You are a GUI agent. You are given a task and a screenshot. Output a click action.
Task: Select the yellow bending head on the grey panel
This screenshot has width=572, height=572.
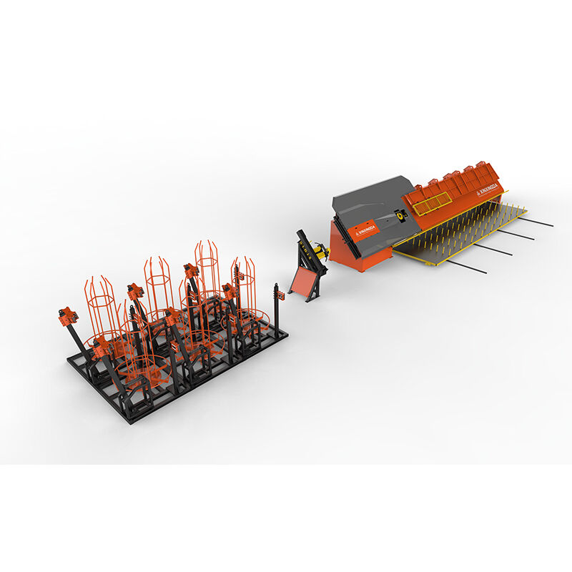[399, 213]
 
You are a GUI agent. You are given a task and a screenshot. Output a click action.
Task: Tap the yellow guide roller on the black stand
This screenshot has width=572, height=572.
[319, 250]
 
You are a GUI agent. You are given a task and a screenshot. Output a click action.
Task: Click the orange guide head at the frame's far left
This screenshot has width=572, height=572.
[69, 316]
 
